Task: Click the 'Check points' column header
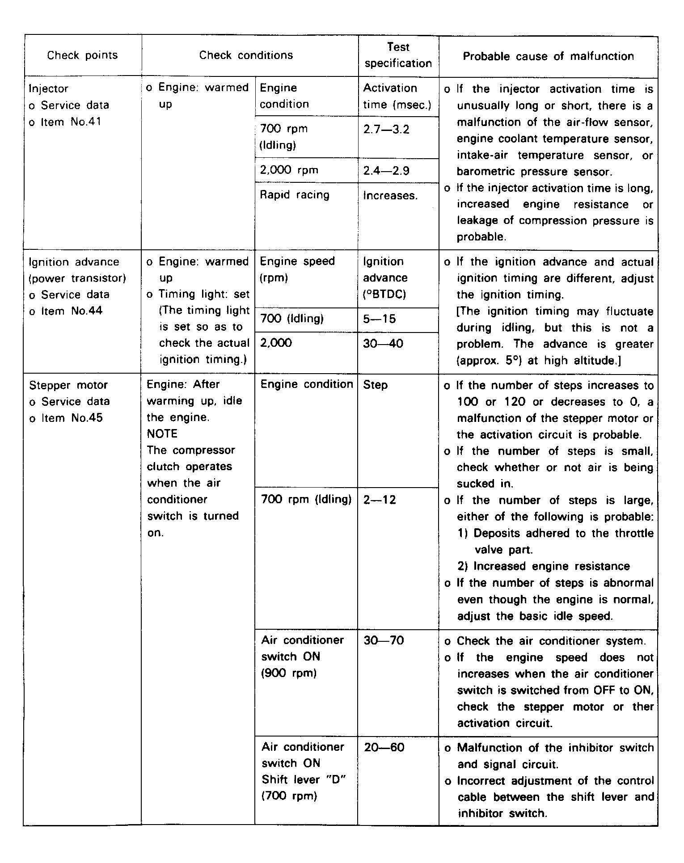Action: (x=82, y=55)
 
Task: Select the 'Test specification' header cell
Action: (x=398, y=55)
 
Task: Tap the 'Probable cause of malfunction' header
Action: (x=548, y=56)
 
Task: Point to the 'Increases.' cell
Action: (x=390, y=195)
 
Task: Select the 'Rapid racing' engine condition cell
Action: (x=295, y=195)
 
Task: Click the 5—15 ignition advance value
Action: (x=380, y=319)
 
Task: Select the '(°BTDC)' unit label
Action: (x=384, y=295)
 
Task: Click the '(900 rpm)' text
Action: (x=288, y=673)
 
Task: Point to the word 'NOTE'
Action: (x=162, y=434)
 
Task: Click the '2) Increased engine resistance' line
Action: (x=543, y=566)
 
